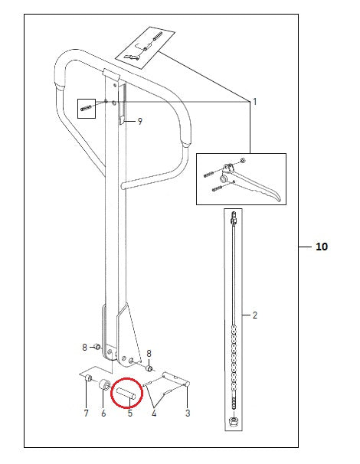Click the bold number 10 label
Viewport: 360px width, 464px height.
(x=322, y=247)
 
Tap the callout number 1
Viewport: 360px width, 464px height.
(x=255, y=102)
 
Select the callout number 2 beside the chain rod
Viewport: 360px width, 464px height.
(x=255, y=315)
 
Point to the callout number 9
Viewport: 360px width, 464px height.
(x=139, y=121)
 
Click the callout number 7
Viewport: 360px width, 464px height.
(x=86, y=413)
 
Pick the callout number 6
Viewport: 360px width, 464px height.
(x=103, y=413)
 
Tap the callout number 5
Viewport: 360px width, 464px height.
(x=130, y=413)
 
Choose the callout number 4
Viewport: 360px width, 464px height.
(x=154, y=413)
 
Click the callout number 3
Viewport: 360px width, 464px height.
(x=188, y=413)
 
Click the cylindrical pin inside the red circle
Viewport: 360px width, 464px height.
(x=126, y=394)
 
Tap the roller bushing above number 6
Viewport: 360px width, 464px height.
(x=105, y=385)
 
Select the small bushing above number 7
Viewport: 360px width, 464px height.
(x=88, y=378)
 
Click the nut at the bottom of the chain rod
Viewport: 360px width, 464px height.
(x=234, y=421)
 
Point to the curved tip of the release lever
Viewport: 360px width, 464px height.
(x=278, y=199)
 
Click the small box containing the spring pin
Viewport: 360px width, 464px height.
(x=87, y=109)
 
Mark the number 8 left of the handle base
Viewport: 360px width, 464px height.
(x=85, y=347)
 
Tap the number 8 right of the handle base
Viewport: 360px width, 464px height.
(x=149, y=353)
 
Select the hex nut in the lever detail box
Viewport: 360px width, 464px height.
(x=243, y=161)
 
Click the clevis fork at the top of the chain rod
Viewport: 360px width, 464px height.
(x=234, y=217)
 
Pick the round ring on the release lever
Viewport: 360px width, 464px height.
(x=223, y=178)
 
